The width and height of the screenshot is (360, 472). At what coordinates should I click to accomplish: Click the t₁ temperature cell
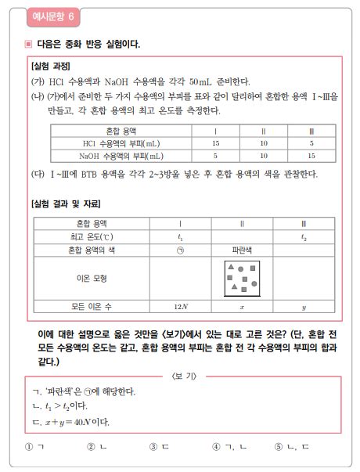[181, 236]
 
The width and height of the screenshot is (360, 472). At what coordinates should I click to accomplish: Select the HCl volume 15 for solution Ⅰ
[215, 143]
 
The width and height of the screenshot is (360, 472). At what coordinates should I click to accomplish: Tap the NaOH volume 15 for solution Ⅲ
[311, 155]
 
